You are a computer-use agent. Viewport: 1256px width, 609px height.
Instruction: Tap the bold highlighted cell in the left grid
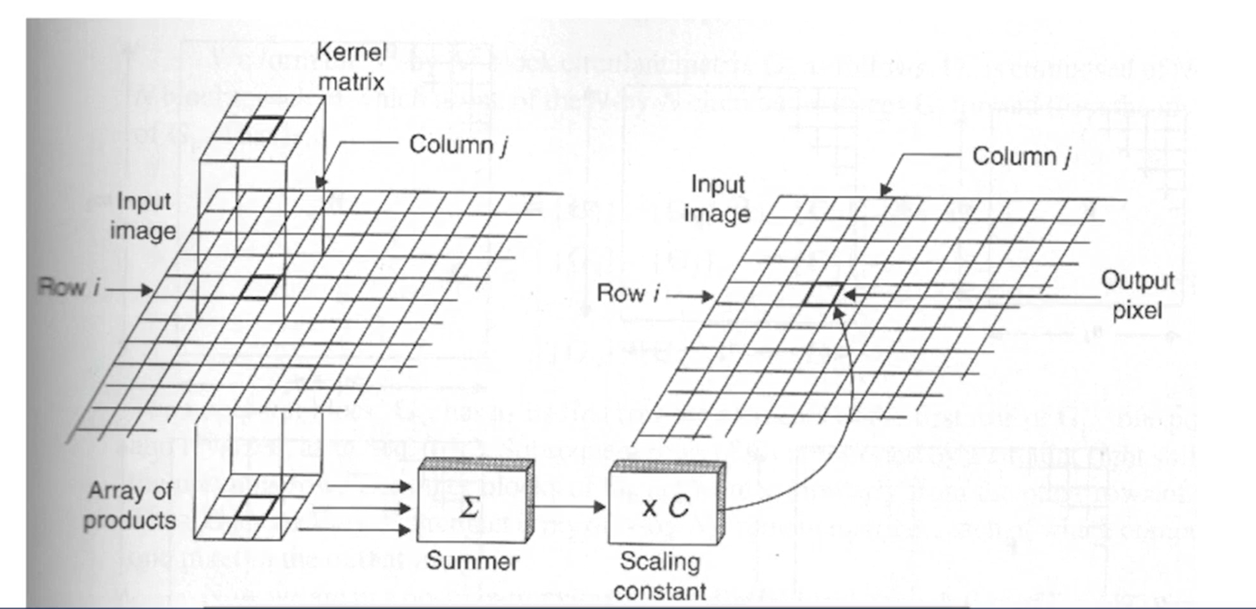pos(260,286)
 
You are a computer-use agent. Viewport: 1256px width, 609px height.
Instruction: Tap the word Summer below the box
pos(459,562)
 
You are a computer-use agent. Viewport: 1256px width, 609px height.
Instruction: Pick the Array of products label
pos(130,505)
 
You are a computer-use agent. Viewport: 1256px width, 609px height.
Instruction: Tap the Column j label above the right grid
pos(1020,157)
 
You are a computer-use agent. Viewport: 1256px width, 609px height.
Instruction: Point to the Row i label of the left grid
pos(76,287)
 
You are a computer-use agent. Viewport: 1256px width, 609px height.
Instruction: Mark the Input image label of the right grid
pos(717,199)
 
